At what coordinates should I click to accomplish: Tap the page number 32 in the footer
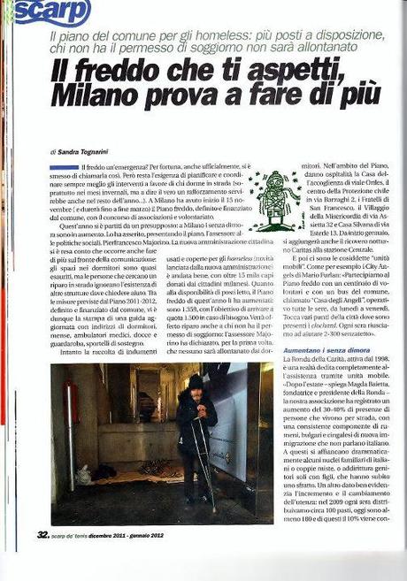42,534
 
